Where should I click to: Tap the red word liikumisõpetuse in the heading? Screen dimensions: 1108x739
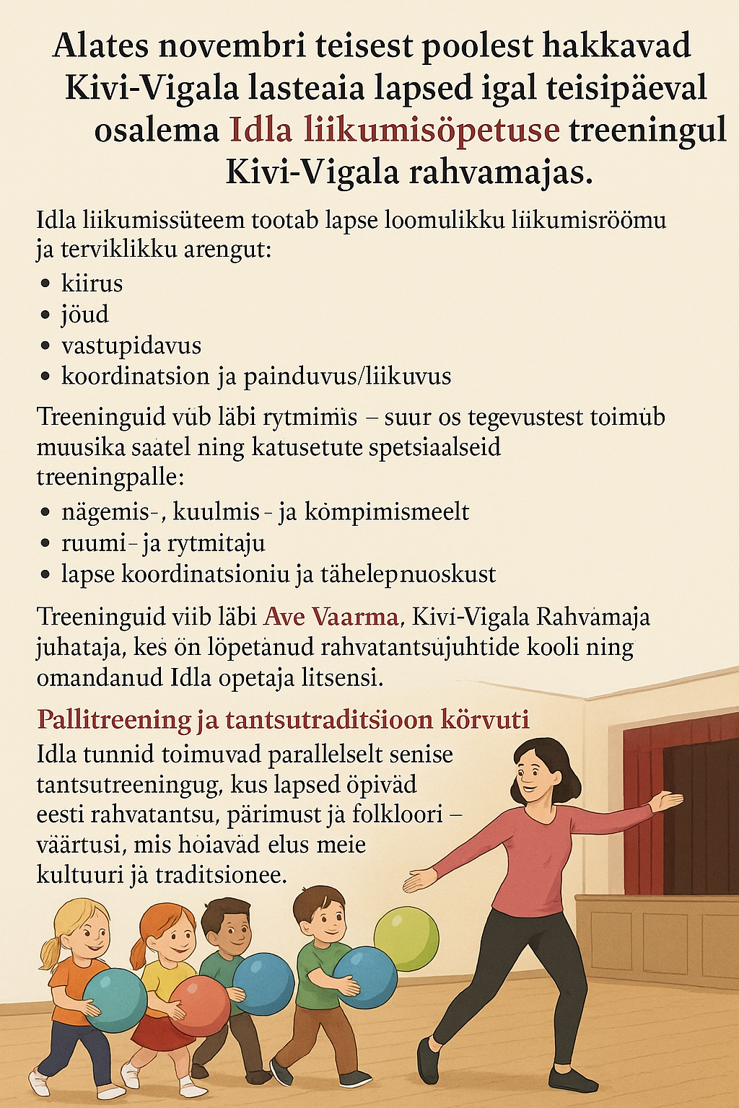[x=394, y=131]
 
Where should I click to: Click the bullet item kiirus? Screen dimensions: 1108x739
[x=92, y=283]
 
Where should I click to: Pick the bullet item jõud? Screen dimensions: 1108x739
[x=84, y=315]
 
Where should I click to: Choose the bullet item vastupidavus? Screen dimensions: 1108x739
[x=131, y=346]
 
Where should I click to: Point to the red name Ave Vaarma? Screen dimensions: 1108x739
[x=331, y=617]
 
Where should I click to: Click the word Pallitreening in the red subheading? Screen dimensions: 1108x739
[x=113, y=719]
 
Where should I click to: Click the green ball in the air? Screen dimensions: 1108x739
[x=406, y=939]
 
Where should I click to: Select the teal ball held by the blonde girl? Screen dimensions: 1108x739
[x=115, y=1000]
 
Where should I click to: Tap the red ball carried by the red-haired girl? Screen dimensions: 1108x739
[x=199, y=1005]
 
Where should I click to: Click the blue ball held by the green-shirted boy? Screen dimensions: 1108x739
[x=365, y=977]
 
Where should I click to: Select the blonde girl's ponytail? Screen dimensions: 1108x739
[x=49, y=952]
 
